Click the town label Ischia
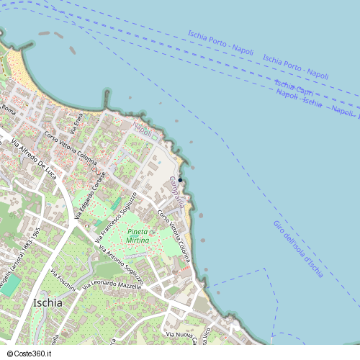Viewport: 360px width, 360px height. tap(48, 302)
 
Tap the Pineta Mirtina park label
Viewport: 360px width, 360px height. tap(138, 235)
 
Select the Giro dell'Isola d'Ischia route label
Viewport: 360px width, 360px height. tap(297, 249)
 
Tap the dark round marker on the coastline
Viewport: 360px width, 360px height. tap(181, 180)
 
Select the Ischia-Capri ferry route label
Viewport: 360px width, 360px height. tap(294, 89)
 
